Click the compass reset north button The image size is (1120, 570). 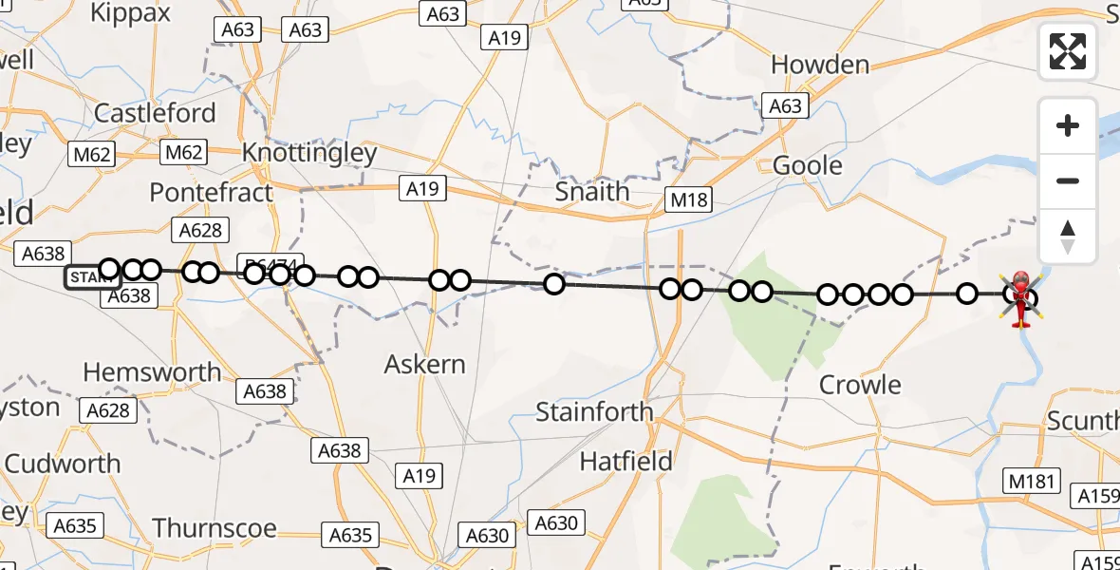coord(1068,237)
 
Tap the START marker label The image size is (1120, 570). coord(91,277)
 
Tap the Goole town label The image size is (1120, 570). coord(808,165)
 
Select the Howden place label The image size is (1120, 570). coord(820,65)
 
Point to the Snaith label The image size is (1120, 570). coord(592,191)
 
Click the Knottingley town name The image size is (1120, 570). coord(309,153)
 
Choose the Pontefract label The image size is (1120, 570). coord(211,192)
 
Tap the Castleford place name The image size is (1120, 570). coord(155,114)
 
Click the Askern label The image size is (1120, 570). coord(425,364)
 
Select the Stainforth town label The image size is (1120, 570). coord(594,412)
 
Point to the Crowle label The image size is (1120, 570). coord(860,385)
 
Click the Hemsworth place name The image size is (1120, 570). coord(152,372)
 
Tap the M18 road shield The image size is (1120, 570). coord(689,199)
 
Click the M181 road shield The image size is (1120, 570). coord(1033,481)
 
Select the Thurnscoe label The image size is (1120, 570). coord(215,528)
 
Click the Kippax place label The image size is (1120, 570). coord(130,12)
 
